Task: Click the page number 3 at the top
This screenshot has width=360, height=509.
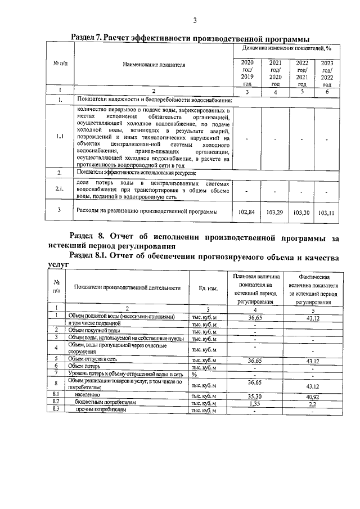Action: point(194,21)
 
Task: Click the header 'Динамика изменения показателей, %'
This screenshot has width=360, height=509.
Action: point(286,49)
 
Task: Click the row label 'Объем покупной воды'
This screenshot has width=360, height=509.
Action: point(94,330)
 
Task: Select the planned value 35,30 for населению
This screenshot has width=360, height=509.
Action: point(255,396)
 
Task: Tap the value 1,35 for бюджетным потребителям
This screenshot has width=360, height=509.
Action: point(255,403)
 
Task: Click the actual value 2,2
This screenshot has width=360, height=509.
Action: point(312,403)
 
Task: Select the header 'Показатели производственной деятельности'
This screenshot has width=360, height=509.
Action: point(127,287)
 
